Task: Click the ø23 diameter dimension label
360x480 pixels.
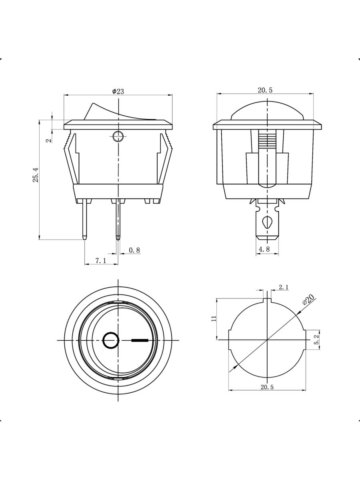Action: tap(118, 91)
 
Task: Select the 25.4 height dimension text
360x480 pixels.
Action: tap(36, 175)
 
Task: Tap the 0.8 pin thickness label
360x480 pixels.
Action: tap(134, 250)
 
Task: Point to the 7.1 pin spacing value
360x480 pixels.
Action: tap(100, 260)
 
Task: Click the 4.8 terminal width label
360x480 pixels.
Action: tap(264, 249)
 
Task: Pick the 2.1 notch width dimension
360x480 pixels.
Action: tap(283, 287)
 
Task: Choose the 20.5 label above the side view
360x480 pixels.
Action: tap(265, 90)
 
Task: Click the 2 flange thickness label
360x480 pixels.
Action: tap(49, 140)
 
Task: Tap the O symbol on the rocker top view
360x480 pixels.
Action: tap(111, 340)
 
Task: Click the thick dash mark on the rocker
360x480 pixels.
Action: tap(140, 340)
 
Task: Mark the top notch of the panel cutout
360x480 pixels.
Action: tap(267, 301)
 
